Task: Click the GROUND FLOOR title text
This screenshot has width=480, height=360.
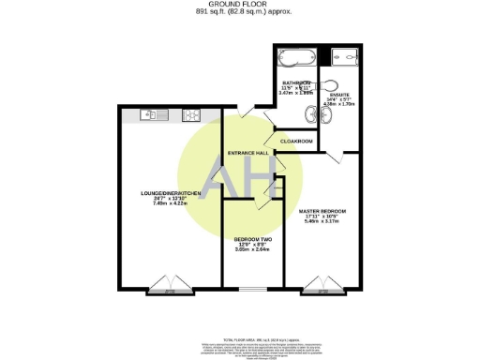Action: pos(239,5)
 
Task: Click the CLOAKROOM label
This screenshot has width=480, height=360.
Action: pos(295,142)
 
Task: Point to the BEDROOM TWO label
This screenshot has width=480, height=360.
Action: pos(251,239)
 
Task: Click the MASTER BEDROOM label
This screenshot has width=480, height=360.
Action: pos(322,212)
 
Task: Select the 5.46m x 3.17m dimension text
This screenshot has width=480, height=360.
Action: pos(322,222)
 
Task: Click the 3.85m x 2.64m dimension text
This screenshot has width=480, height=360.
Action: pos(251,249)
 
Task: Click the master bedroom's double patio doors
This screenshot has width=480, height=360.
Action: pos(322,284)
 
